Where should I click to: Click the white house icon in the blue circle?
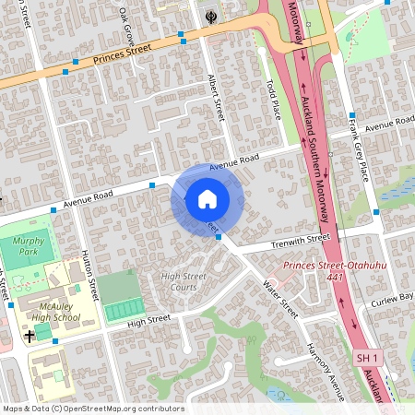[207, 199]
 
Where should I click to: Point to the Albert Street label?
[218, 98]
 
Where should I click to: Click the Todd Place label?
[273, 99]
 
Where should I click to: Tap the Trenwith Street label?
[300, 241]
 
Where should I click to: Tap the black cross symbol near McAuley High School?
[30, 337]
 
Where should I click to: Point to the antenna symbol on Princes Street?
[211, 17]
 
